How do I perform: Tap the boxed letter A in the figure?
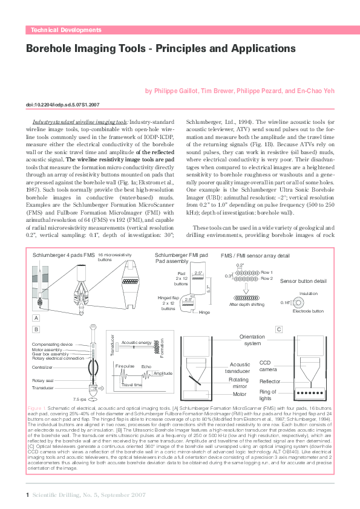pos(36,317)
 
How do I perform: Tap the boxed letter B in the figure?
pos(36,329)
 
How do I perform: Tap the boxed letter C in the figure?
pos(279,329)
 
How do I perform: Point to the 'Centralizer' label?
pos(45,367)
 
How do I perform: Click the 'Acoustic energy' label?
pos(136,342)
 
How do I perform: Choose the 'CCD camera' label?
pos(269,366)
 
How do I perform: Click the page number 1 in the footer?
pos(28,495)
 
